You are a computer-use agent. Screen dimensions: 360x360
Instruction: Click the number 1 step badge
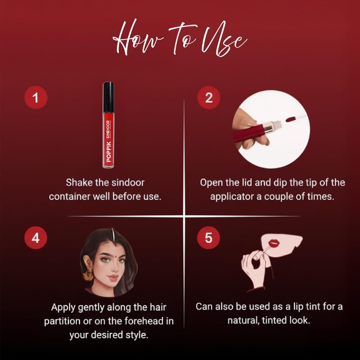click(x=36, y=97)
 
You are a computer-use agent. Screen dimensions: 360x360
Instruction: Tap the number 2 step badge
click(x=209, y=97)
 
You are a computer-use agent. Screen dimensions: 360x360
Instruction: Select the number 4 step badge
click(x=36, y=238)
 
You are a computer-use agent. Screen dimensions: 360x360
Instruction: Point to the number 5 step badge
click(x=208, y=238)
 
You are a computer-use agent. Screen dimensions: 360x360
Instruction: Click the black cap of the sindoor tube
click(x=108, y=97)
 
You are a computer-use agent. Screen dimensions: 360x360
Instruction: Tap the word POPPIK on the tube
click(x=109, y=152)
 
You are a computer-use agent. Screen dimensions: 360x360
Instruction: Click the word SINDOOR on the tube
click(x=108, y=129)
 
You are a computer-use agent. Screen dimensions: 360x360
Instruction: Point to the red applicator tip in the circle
click(x=290, y=119)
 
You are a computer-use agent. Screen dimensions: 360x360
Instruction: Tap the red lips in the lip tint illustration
click(x=274, y=243)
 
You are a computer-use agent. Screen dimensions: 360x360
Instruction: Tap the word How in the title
click(x=138, y=38)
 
